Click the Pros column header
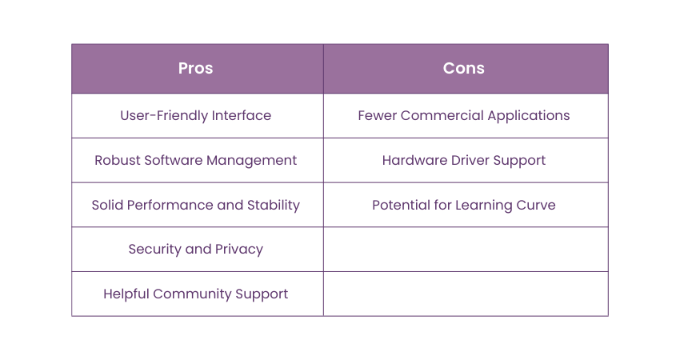[195, 68]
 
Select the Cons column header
[463, 68]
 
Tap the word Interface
[241, 115]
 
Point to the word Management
[251, 161]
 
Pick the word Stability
[274, 206]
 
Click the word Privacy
[239, 250]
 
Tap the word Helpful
[126, 294]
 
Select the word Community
[193, 294]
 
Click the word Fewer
[377, 115]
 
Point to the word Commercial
[442, 115]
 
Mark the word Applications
[529, 116]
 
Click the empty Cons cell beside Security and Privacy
[466, 250]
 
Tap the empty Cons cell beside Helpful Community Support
[466, 294]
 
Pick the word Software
[174, 160]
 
